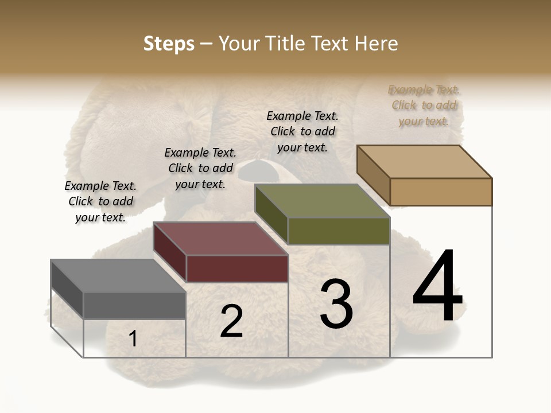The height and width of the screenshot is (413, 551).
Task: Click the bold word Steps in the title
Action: coord(169,44)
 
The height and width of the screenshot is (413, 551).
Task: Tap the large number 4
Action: coord(437,286)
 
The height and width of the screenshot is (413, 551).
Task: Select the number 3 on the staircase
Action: coord(336,304)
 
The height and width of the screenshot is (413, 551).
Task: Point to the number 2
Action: coord(231,322)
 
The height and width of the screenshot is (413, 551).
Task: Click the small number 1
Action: coord(133,339)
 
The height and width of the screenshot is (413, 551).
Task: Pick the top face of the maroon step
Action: coord(220,239)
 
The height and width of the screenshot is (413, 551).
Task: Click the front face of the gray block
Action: coord(134,305)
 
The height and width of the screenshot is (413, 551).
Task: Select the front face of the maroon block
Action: coord(237,268)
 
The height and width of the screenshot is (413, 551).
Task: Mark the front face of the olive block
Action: coord(339,231)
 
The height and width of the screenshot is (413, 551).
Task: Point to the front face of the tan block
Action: coord(441,192)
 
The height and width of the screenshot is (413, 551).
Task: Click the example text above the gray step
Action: coord(100,201)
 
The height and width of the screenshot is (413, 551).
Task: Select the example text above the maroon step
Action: coord(200,168)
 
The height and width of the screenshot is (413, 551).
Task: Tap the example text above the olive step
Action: coord(302,131)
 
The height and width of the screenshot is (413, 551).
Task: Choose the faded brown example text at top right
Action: coord(424,105)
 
